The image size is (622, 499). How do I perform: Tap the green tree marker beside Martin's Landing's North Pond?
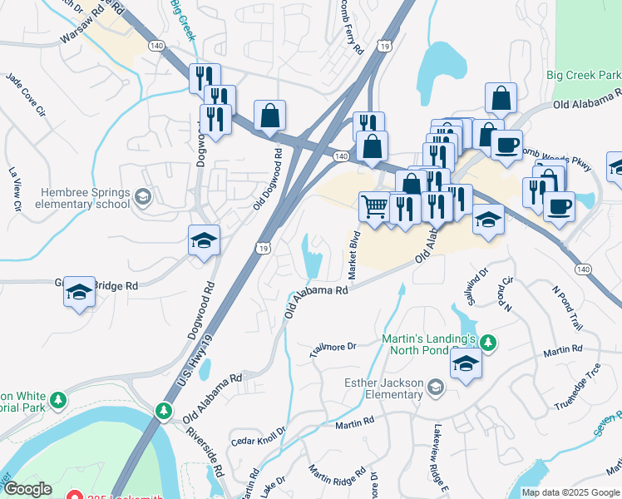490,342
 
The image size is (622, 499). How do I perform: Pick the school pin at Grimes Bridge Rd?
80,292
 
